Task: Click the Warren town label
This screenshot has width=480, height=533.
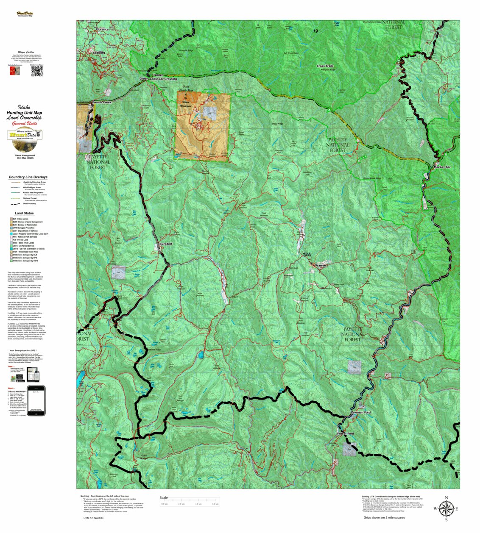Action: click(x=321, y=265)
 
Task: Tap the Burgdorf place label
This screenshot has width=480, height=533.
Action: click(x=166, y=244)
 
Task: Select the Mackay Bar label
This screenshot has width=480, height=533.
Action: click(x=442, y=167)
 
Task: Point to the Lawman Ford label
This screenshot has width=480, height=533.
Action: click(x=360, y=412)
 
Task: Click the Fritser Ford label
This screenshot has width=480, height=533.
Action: click(x=345, y=433)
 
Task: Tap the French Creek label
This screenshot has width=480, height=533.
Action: click(x=102, y=103)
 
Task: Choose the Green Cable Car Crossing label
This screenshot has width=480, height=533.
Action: click(x=158, y=79)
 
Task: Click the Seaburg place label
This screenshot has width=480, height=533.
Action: click(x=99, y=53)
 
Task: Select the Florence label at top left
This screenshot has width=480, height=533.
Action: click(x=102, y=30)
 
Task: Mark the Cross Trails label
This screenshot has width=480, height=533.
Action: click(x=325, y=66)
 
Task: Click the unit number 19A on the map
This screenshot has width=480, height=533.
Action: click(x=307, y=255)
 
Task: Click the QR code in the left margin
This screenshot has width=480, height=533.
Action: click(x=37, y=71)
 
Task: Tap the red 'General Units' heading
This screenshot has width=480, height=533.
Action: click(x=25, y=124)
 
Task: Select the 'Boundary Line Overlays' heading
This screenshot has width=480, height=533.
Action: click(x=28, y=177)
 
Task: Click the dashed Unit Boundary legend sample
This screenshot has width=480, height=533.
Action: click(x=15, y=203)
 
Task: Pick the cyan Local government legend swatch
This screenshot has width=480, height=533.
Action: click(x=11, y=233)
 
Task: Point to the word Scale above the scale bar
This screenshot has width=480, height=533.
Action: click(x=164, y=497)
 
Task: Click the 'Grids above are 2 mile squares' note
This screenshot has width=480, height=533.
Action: click(x=384, y=517)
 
